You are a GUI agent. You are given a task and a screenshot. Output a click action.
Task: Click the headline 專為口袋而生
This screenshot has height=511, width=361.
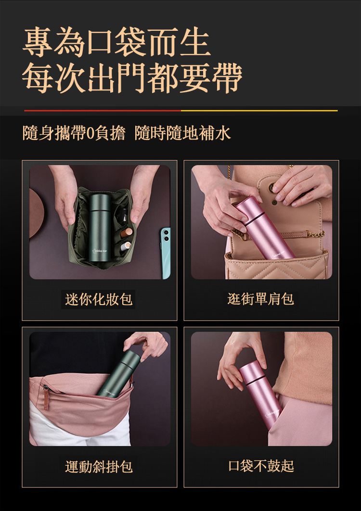117,43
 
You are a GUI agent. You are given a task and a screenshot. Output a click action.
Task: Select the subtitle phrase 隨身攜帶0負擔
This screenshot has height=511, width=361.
74,133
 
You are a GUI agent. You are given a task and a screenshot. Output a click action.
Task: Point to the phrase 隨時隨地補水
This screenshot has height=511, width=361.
183,133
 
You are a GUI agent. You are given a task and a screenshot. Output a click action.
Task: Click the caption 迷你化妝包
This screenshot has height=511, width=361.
99,300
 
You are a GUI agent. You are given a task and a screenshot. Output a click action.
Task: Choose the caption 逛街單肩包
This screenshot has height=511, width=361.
261,299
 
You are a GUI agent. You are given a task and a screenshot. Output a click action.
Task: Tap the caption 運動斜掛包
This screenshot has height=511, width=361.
99,466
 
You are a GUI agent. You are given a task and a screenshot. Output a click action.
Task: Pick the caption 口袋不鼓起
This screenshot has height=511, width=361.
261,466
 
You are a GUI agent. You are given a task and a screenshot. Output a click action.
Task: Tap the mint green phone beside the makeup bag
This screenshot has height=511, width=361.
165,250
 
